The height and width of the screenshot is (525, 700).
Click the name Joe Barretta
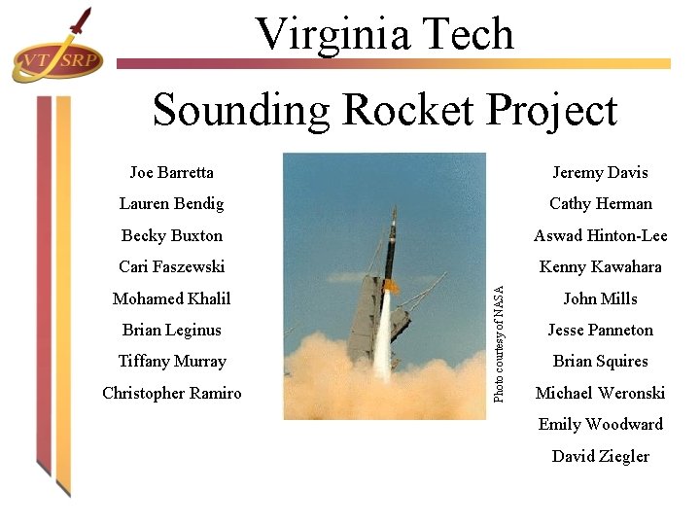[171, 172]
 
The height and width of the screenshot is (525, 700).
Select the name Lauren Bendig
[171, 203]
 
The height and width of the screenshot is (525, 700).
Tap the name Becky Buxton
[171, 235]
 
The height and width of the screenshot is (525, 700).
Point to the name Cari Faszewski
[171, 266]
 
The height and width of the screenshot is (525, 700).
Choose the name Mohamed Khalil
[171, 298]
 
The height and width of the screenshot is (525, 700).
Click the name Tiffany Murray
[171, 361]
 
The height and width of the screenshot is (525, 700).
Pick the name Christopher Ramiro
[171, 393]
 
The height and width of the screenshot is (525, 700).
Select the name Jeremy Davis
[600, 172]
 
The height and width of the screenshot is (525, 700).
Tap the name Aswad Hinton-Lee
[600, 235]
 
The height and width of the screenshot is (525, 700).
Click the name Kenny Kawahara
[600, 266]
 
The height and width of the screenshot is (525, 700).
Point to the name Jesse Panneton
[600, 330]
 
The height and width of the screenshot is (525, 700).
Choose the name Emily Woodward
[600, 424]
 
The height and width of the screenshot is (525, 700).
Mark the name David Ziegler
[600, 456]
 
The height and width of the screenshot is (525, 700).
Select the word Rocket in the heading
[399, 110]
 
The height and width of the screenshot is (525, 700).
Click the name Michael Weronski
[600, 393]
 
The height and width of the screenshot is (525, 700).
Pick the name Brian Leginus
[171, 330]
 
